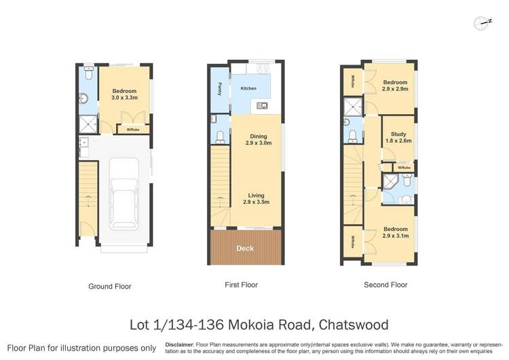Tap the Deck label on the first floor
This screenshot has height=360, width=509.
coord(245,249)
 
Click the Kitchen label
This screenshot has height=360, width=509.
coord(248,88)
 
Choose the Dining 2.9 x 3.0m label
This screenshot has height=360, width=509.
coord(259,140)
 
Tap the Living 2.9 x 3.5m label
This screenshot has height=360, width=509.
coord(259,199)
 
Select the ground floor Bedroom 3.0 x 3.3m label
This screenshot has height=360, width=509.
coord(125,94)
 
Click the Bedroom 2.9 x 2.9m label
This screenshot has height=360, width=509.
coord(395,86)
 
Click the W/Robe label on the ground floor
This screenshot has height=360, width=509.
coord(133,129)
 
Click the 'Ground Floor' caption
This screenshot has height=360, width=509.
coord(110,287)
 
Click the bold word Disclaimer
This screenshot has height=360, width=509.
coord(178,345)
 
